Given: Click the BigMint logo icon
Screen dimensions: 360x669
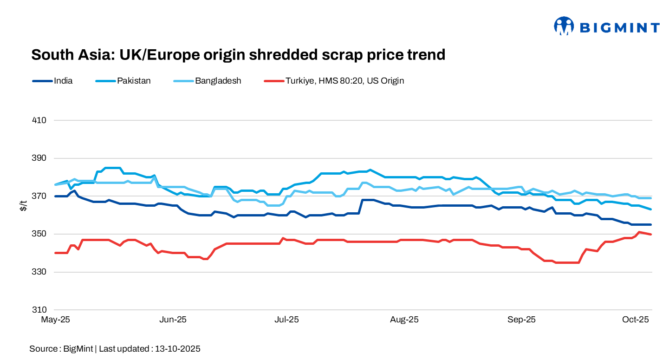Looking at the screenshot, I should (564, 26).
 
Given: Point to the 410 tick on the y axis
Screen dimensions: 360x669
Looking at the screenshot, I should (40, 120).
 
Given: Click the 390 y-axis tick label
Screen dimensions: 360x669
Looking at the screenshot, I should (40, 158).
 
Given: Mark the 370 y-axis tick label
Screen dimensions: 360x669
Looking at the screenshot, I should (40, 196).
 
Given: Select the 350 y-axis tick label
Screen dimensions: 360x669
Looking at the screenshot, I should (40, 234).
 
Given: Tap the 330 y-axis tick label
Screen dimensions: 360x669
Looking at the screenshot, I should (40, 272).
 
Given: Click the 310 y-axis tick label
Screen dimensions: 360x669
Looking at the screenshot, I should (40, 310).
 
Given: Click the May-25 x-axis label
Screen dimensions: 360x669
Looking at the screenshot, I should (55, 320).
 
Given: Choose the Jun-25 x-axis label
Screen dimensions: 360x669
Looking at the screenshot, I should (173, 320).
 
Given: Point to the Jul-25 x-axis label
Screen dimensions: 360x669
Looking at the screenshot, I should (287, 320).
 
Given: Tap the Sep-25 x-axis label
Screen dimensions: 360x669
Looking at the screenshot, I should (521, 320).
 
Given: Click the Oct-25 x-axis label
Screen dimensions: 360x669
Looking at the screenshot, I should (636, 320).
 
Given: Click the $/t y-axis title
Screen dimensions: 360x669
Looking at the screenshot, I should (23, 206).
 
